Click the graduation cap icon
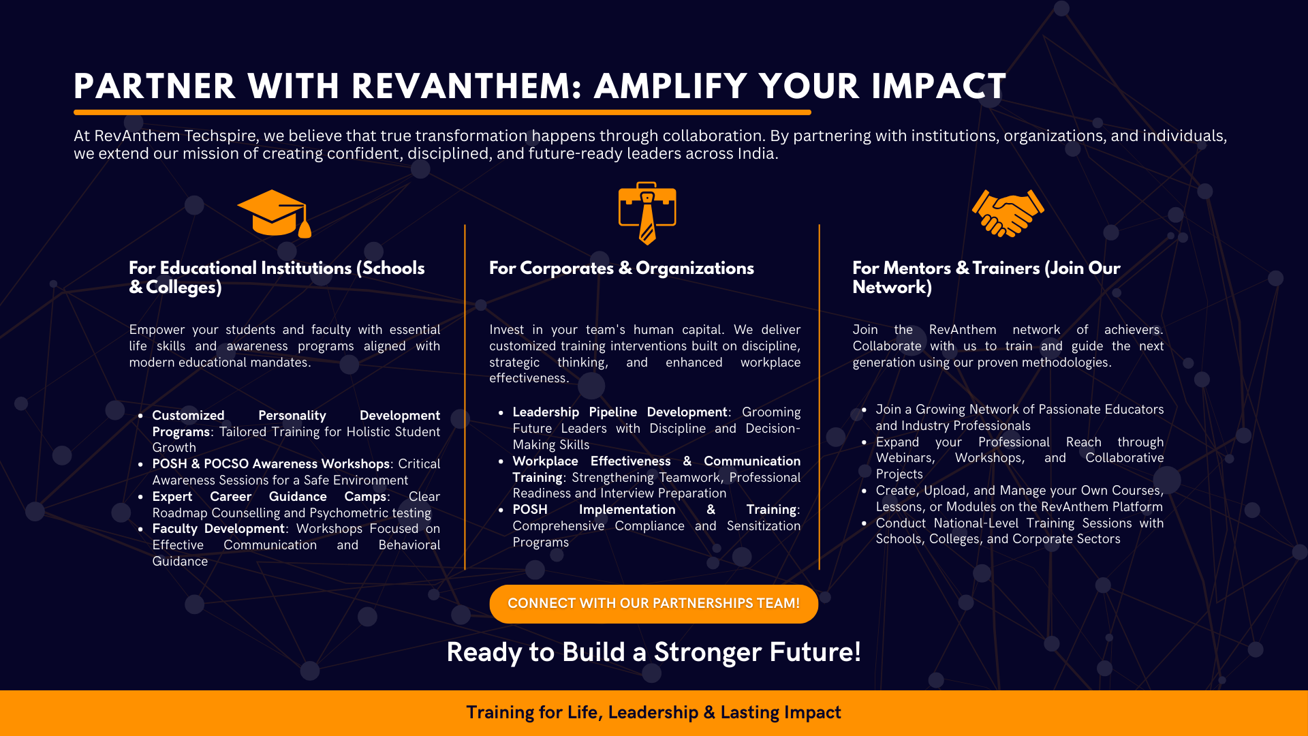(x=274, y=213)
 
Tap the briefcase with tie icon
(x=647, y=213)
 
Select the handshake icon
(x=1008, y=213)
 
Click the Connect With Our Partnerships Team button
(x=654, y=604)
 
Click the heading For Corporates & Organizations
(x=621, y=269)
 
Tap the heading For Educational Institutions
(x=277, y=277)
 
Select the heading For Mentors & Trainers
(x=986, y=277)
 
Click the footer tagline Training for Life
(x=654, y=713)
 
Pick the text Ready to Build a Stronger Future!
(x=654, y=652)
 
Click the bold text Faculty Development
(x=218, y=529)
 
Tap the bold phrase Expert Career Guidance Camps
(x=269, y=497)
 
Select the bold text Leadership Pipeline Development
(x=620, y=412)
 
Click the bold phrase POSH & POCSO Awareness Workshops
(x=271, y=464)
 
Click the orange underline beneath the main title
(x=442, y=112)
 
